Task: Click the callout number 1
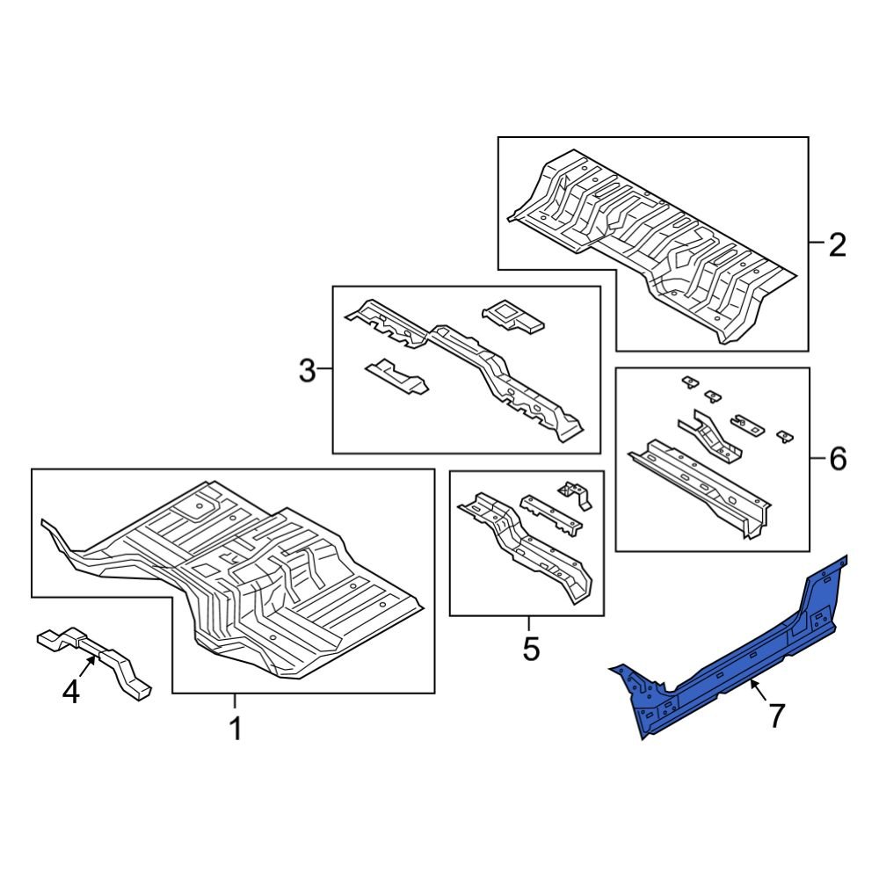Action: pyautogui.click(x=235, y=729)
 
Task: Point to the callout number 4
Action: pyautogui.click(x=70, y=693)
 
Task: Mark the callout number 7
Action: pyautogui.click(x=775, y=716)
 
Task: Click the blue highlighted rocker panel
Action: pyautogui.click(x=730, y=668)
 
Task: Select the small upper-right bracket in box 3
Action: pyautogui.click(x=512, y=316)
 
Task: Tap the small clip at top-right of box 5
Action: pyautogui.click(x=576, y=493)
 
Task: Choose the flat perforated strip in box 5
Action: pyautogui.click(x=550, y=513)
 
